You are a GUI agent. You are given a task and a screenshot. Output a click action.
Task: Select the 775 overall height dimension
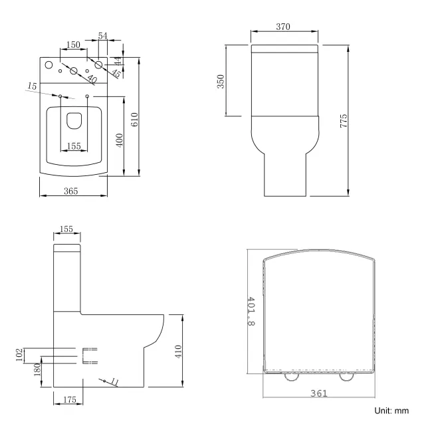[x=344, y=121]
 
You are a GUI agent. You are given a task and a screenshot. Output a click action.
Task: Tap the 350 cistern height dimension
[x=221, y=80]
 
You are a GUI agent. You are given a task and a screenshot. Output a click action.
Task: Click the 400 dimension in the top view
[x=120, y=141]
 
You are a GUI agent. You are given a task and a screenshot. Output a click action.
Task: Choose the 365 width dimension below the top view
[x=71, y=191]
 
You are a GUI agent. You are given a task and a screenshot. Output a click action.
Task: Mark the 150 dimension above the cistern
[x=73, y=45]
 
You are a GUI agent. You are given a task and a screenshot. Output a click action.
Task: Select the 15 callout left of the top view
[x=32, y=86]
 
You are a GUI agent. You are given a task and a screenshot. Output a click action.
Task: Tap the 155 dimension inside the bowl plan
[x=74, y=146]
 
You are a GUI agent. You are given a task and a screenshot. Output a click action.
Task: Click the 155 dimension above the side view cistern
[x=66, y=229]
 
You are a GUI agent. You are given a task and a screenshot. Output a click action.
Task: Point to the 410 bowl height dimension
[x=177, y=351]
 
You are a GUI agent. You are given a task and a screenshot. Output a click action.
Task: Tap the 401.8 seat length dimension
[x=250, y=312]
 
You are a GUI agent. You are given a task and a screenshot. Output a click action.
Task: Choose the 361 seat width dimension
[x=319, y=393]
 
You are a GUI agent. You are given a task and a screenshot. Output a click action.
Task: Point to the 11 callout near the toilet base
[x=114, y=381]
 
